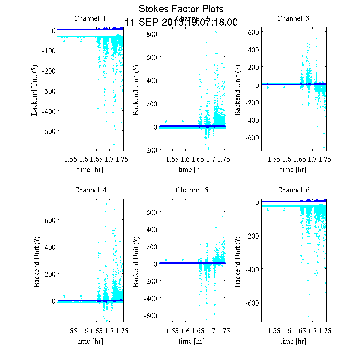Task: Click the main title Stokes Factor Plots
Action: click(x=181, y=9)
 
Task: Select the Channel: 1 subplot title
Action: click(x=90, y=18)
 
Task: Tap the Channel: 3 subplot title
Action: click(x=293, y=18)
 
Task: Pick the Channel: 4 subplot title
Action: click(x=90, y=190)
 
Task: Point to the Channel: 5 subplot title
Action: click(x=192, y=190)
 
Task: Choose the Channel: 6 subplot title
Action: click(x=293, y=190)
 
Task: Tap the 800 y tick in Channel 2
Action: click(x=152, y=34)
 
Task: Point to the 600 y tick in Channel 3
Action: click(x=253, y=32)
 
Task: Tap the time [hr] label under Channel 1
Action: click(x=90, y=170)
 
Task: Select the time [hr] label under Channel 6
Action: click(x=293, y=341)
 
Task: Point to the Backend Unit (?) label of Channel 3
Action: click(x=237, y=90)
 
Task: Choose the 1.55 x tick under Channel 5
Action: click(x=172, y=331)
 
